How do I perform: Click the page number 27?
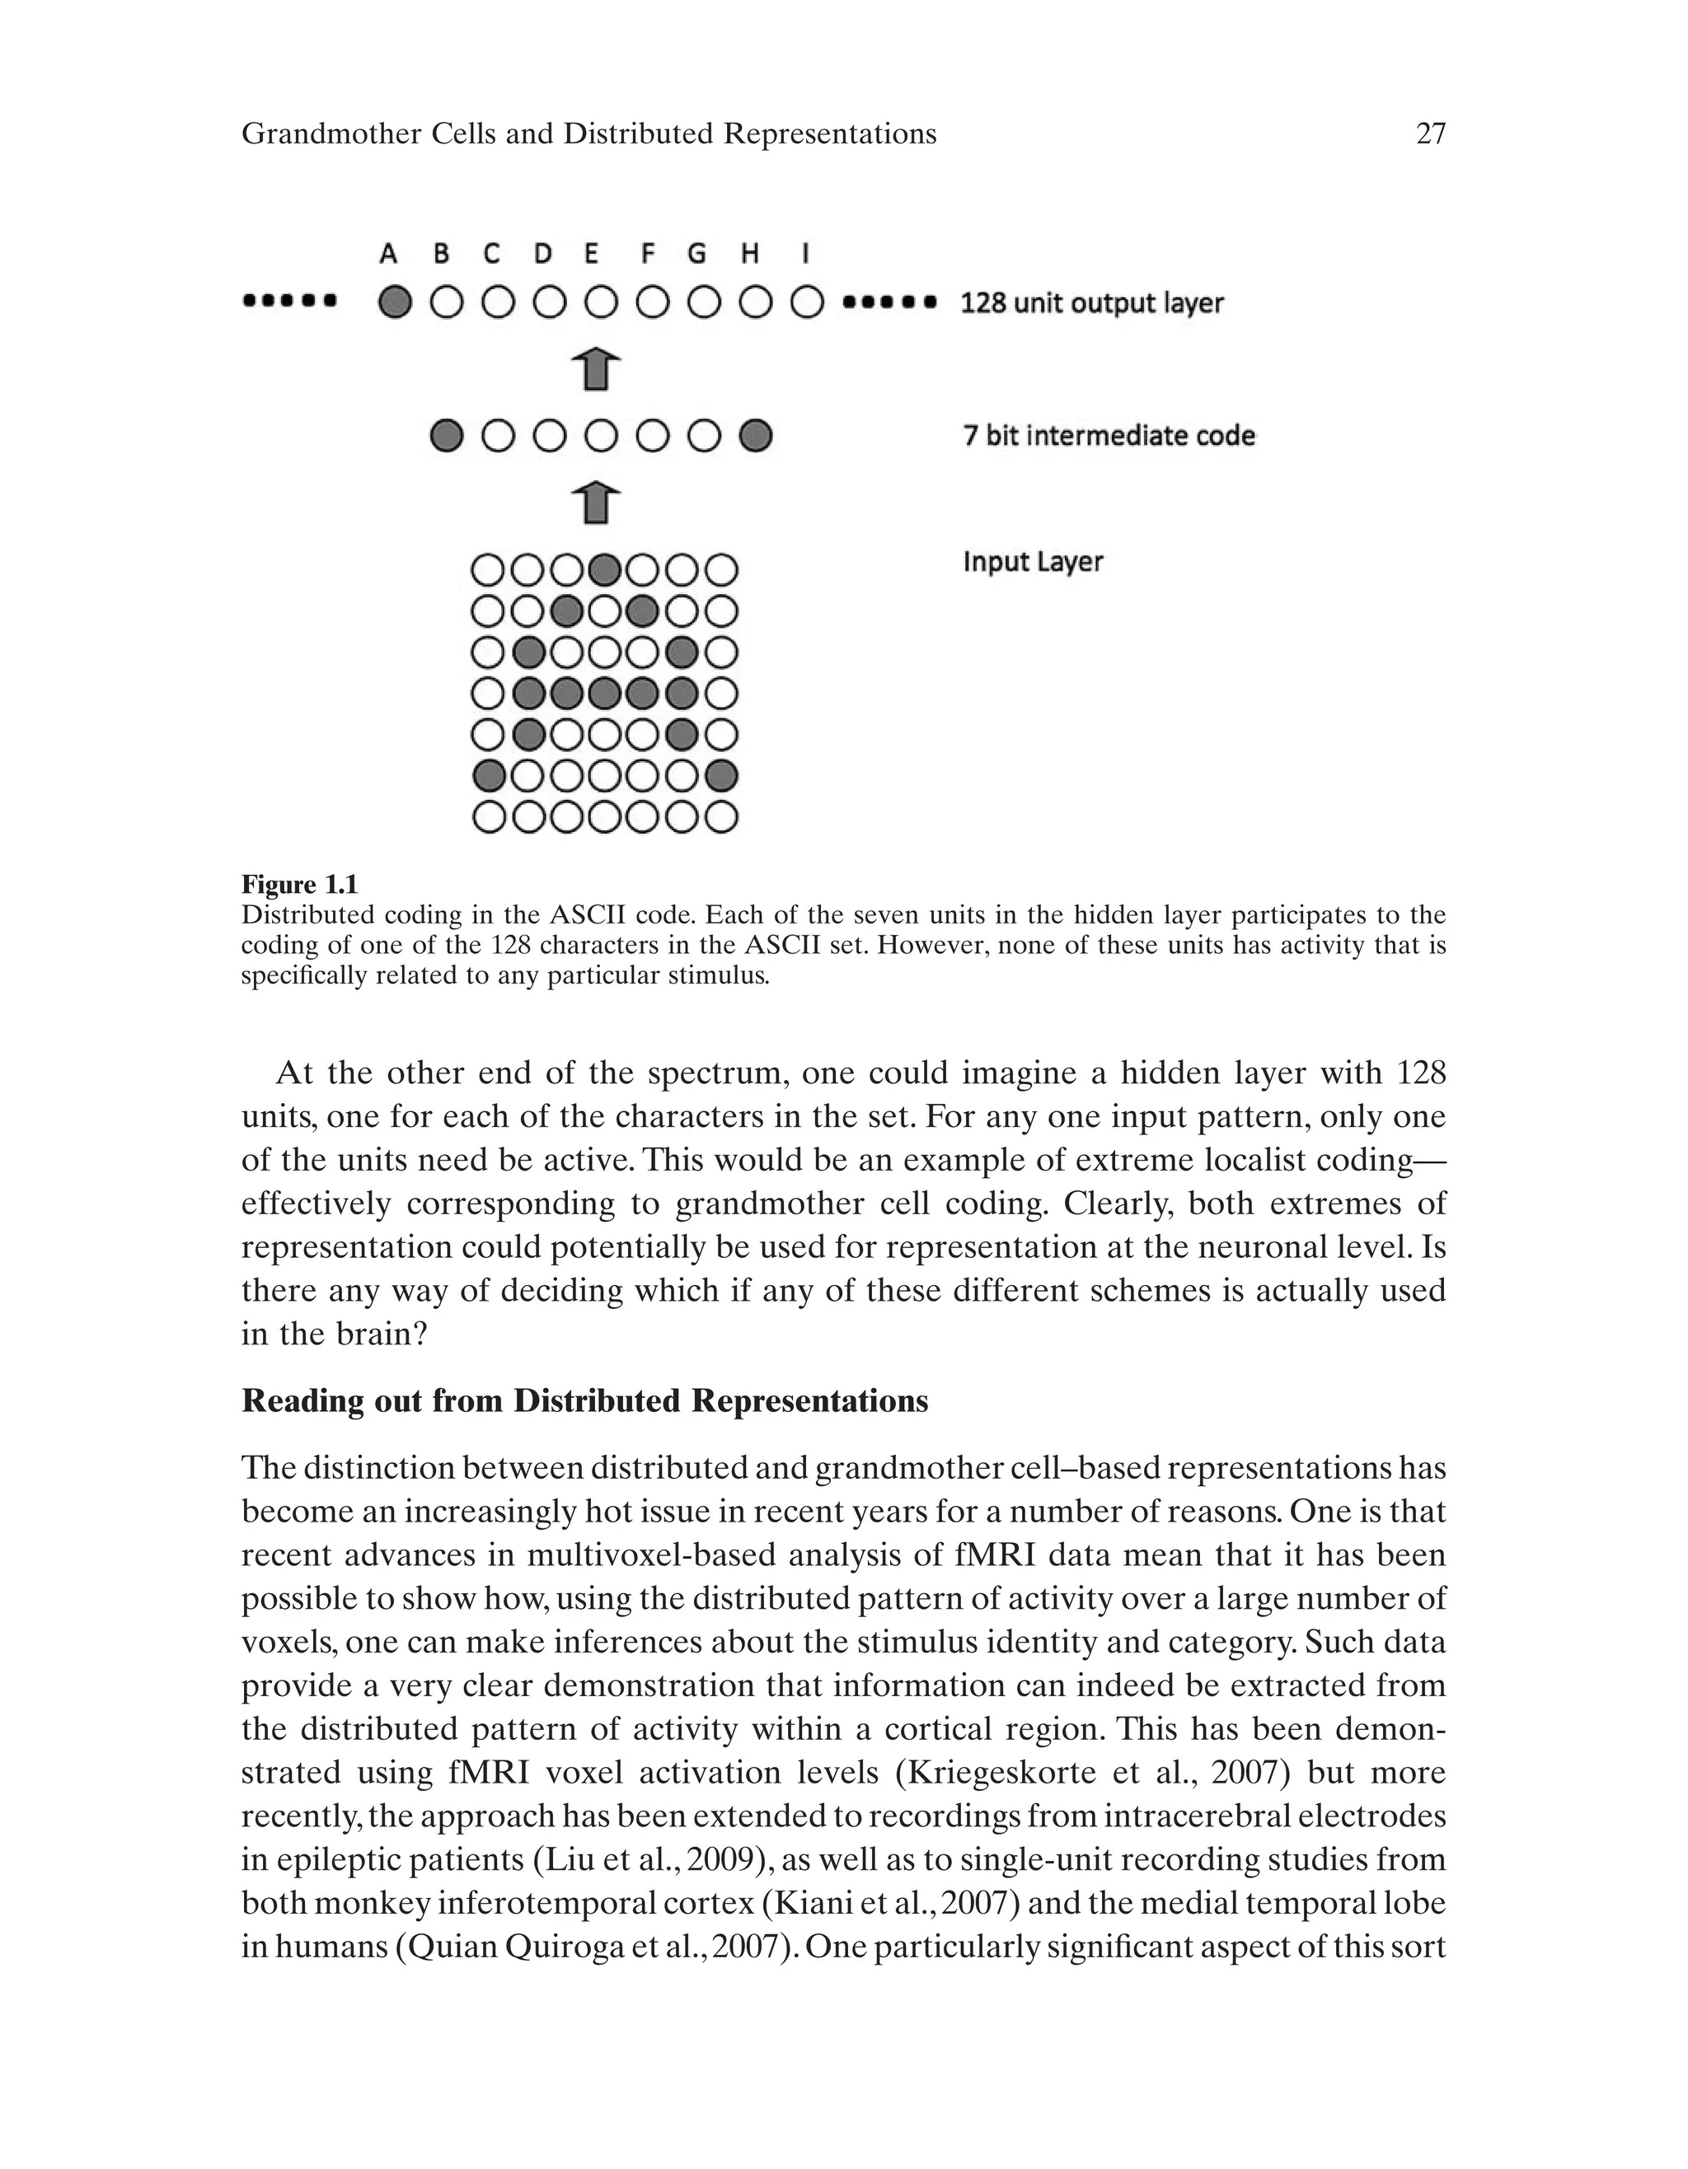[1430, 134]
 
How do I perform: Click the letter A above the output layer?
[388, 255]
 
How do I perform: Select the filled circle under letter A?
[395, 302]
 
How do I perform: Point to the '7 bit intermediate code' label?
[1108, 436]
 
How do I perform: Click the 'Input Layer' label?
[1032, 562]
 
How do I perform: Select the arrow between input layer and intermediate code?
[597, 503]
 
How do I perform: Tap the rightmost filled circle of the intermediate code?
[756, 436]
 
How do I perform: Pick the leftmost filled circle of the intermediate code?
[446, 436]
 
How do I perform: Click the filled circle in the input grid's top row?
[604, 570]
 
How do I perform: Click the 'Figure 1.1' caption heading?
[299, 885]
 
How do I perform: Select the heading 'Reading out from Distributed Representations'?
[584, 1401]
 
